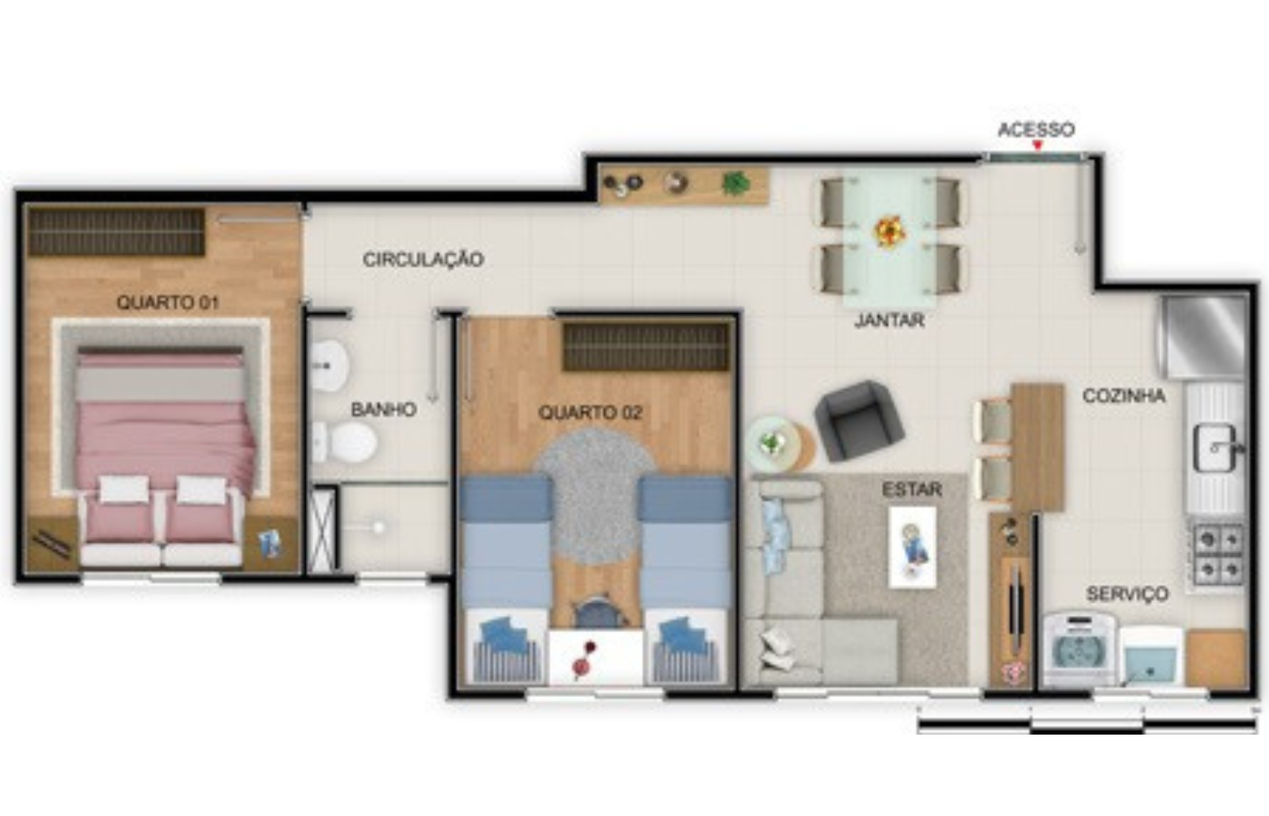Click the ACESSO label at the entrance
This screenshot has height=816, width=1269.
(x=1036, y=130)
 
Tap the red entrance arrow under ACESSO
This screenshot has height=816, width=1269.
(x=1037, y=146)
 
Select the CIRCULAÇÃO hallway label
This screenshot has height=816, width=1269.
(x=424, y=259)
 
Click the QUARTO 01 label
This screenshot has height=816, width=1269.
(x=167, y=302)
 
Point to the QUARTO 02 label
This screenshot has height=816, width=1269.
(x=590, y=412)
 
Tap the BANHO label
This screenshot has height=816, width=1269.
(x=384, y=409)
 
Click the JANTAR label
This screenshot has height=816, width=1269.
(x=889, y=321)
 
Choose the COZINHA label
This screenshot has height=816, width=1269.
(x=1124, y=395)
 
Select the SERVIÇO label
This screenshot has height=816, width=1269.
(x=1127, y=594)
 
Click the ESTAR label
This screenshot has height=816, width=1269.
(x=912, y=489)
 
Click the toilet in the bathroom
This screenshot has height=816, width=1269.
(x=345, y=442)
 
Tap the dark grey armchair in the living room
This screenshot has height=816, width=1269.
(x=857, y=420)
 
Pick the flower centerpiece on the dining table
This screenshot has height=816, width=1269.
(x=889, y=231)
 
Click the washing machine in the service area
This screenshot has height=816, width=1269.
(x=1079, y=649)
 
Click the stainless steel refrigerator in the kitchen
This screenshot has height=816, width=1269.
(x=1203, y=337)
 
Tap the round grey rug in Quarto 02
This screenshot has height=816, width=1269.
(x=595, y=496)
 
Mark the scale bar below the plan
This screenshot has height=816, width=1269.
(x=1087, y=726)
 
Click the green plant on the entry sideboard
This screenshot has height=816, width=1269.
(x=735, y=183)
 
